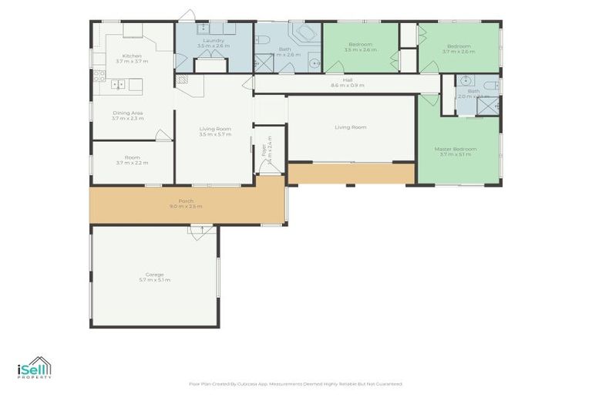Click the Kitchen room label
click(131, 56)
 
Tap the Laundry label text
click(214, 40)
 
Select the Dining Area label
click(127, 113)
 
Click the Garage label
click(154, 274)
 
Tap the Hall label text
click(347, 79)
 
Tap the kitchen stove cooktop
click(99, 76)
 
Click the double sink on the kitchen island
click(119, 84)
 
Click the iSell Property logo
click(35, 368)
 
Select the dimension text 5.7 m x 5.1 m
click(154, 279)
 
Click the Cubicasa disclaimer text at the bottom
click(295, 383)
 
